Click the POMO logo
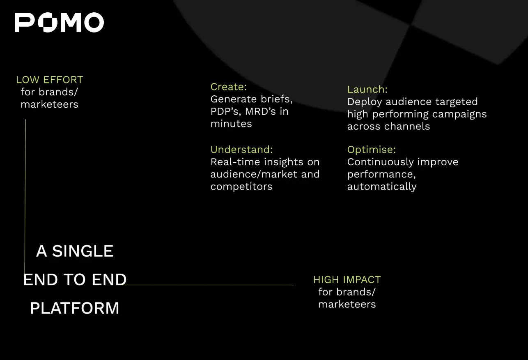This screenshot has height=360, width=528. [60, 22]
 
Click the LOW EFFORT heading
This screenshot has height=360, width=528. [50, 80]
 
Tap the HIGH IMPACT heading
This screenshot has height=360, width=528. [347, 280]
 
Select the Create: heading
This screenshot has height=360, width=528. [229, 87]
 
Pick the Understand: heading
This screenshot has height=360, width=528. [241, 150]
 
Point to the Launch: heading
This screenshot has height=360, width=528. [367, 89]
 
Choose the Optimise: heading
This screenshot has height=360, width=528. [372, 150]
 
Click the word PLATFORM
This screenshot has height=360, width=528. [75, 308]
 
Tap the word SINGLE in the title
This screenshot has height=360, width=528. [83, 251]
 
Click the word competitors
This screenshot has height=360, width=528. [241, 187]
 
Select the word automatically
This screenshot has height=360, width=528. [382, 187]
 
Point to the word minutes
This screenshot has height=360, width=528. [231, 124]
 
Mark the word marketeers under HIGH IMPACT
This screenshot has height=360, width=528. [347, 305]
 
